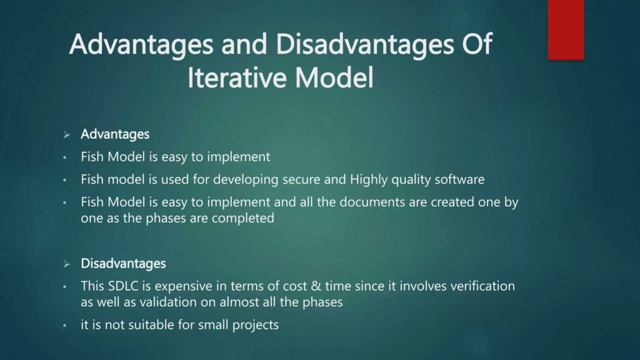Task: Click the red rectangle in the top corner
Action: [x=566, y=29]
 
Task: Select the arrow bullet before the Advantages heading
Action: [x=66, y=135]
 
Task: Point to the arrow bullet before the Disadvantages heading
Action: [x=66, y=264]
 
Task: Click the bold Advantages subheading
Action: [x=115, y=134]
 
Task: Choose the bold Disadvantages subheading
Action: [x=123, y=264]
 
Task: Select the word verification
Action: [x=484, y=286]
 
